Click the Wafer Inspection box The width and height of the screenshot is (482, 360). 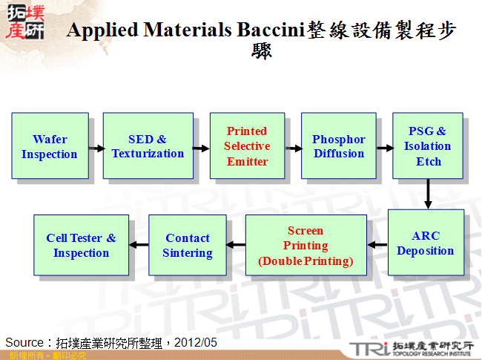[50, 146]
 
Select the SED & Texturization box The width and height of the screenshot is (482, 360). [148, 146]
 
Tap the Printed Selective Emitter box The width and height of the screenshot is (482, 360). [247, 146]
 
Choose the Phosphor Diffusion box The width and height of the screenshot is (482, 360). [339, 146]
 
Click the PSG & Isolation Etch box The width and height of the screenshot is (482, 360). [428, 146]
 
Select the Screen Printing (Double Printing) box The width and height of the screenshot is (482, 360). [306, 246]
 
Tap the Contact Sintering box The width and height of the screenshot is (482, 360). [188, 246]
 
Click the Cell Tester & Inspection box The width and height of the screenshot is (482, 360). [81, 246]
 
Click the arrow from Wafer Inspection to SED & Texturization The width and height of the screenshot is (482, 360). [96, 148]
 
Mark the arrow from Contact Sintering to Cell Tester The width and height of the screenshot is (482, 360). [139, 245]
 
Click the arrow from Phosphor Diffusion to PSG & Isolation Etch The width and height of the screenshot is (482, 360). [384, 148]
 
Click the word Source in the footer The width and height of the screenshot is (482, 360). [25, 342]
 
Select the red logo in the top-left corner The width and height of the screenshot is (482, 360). [24, 22]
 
